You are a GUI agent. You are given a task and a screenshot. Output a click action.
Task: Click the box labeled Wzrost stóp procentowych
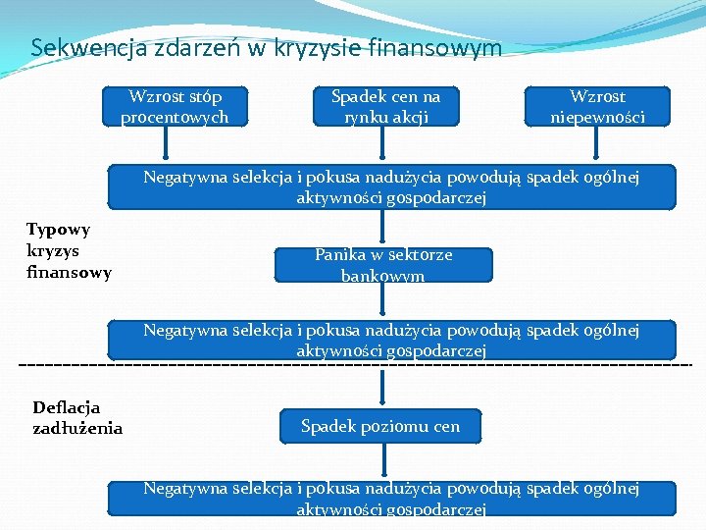pos(175,107)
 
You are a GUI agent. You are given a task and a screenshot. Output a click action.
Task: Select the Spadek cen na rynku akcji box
pos(385,107)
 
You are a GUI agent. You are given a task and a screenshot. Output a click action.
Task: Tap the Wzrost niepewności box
pos(597,107)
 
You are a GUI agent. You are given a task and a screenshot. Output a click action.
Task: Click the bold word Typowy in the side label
pos(58,230)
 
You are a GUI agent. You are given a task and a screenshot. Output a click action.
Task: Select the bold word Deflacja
pos(66,407)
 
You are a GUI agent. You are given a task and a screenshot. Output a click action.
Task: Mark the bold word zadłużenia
pos(77,428)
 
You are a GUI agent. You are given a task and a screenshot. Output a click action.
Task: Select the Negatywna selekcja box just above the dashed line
pos(391,340)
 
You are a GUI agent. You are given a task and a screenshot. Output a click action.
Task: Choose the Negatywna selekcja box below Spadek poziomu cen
pos(391,498)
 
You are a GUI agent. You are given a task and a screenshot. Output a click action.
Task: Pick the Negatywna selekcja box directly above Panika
pos(391,186)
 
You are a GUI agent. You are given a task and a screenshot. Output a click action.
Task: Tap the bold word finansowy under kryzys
pos(69,272)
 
